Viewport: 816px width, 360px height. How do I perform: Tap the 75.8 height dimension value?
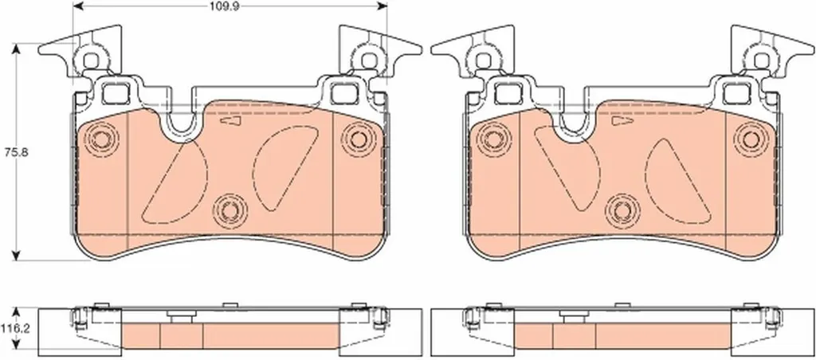coord(11,153)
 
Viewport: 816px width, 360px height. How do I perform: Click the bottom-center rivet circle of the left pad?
coord(229,209)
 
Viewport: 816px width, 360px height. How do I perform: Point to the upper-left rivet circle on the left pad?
coord(100,139)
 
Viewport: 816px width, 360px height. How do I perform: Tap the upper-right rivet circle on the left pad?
coord(358,139)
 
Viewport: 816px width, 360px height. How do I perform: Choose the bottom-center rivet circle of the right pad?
coord(622,209)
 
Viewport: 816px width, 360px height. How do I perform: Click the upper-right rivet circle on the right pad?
coord(750,139)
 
